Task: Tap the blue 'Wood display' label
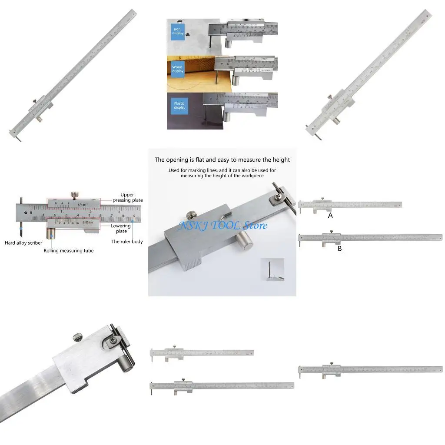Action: [x=177, y=70]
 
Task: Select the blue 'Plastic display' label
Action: [x=179, y=106]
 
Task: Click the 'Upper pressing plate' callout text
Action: [x=127, y=197]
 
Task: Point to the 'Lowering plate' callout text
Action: [x=121, y=228]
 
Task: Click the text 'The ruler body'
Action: [x=127, y=242]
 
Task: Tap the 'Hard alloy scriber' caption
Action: [x=23, y=243]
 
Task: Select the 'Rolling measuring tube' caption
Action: [x=68, y=251]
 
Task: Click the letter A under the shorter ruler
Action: [x=330, y=216]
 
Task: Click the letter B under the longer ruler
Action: [x=339, y=249]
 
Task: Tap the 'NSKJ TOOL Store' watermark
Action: [x=223, y=226]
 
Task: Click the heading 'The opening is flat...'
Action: [x=222, y=160]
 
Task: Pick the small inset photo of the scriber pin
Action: [x=272, y=269]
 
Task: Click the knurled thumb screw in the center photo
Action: [x=190, y=215]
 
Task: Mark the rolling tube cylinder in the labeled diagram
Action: [x=52, y=235]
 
